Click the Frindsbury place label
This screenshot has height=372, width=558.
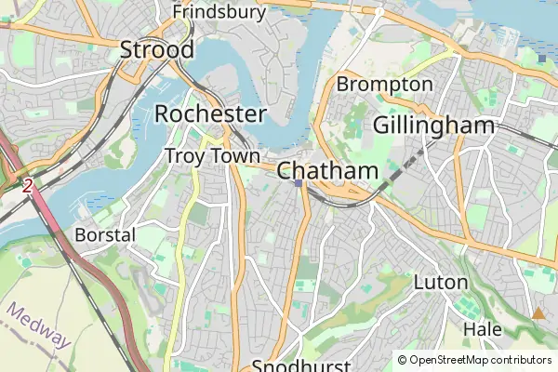click(219, 12)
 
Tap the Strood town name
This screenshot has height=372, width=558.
click(157, 50)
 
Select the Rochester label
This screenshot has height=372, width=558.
click(210, 113)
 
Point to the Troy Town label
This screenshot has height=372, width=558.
click(212, 156)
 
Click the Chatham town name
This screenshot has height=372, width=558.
click(327, 171)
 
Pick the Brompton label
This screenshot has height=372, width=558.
click(384, 85)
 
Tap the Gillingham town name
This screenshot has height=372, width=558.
click(432, 126)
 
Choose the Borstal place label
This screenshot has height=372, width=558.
click(105, 234)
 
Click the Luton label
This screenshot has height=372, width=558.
click(439, 281)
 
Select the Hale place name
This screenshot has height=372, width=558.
click(482, 329)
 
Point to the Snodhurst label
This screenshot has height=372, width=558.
click(300, 365)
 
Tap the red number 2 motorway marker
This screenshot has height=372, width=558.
click(28, 186)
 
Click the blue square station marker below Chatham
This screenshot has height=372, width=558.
click(298, 183)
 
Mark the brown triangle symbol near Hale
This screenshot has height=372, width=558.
click(538, 313)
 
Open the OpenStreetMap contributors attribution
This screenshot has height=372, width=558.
click(480, 360)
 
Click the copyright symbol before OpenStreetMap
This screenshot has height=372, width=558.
click(402, 360)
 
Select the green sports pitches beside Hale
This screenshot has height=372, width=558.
click(462, 305)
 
